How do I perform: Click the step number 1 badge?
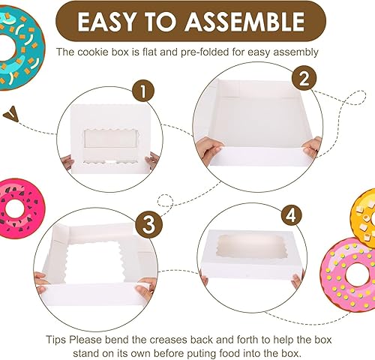click(143, 91)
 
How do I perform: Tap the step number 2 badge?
click(304, 78)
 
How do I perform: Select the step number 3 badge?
click(149, 223)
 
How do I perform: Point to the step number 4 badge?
click(291, 214)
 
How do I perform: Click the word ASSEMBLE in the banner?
click(244, 22)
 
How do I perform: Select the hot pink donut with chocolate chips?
click(19, 208)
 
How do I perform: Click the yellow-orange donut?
click(363, 218)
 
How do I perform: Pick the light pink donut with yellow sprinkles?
click(348, 275)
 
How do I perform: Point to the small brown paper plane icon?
click(11, 114)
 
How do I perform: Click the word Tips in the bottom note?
click(56, 340)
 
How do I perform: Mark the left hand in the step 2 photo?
click(208, 151)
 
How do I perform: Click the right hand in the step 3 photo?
click(145, 288)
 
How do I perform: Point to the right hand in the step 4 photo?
click(298, 280)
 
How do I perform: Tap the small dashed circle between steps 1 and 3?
click(165, 200)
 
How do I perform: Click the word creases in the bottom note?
click(169, 340)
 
